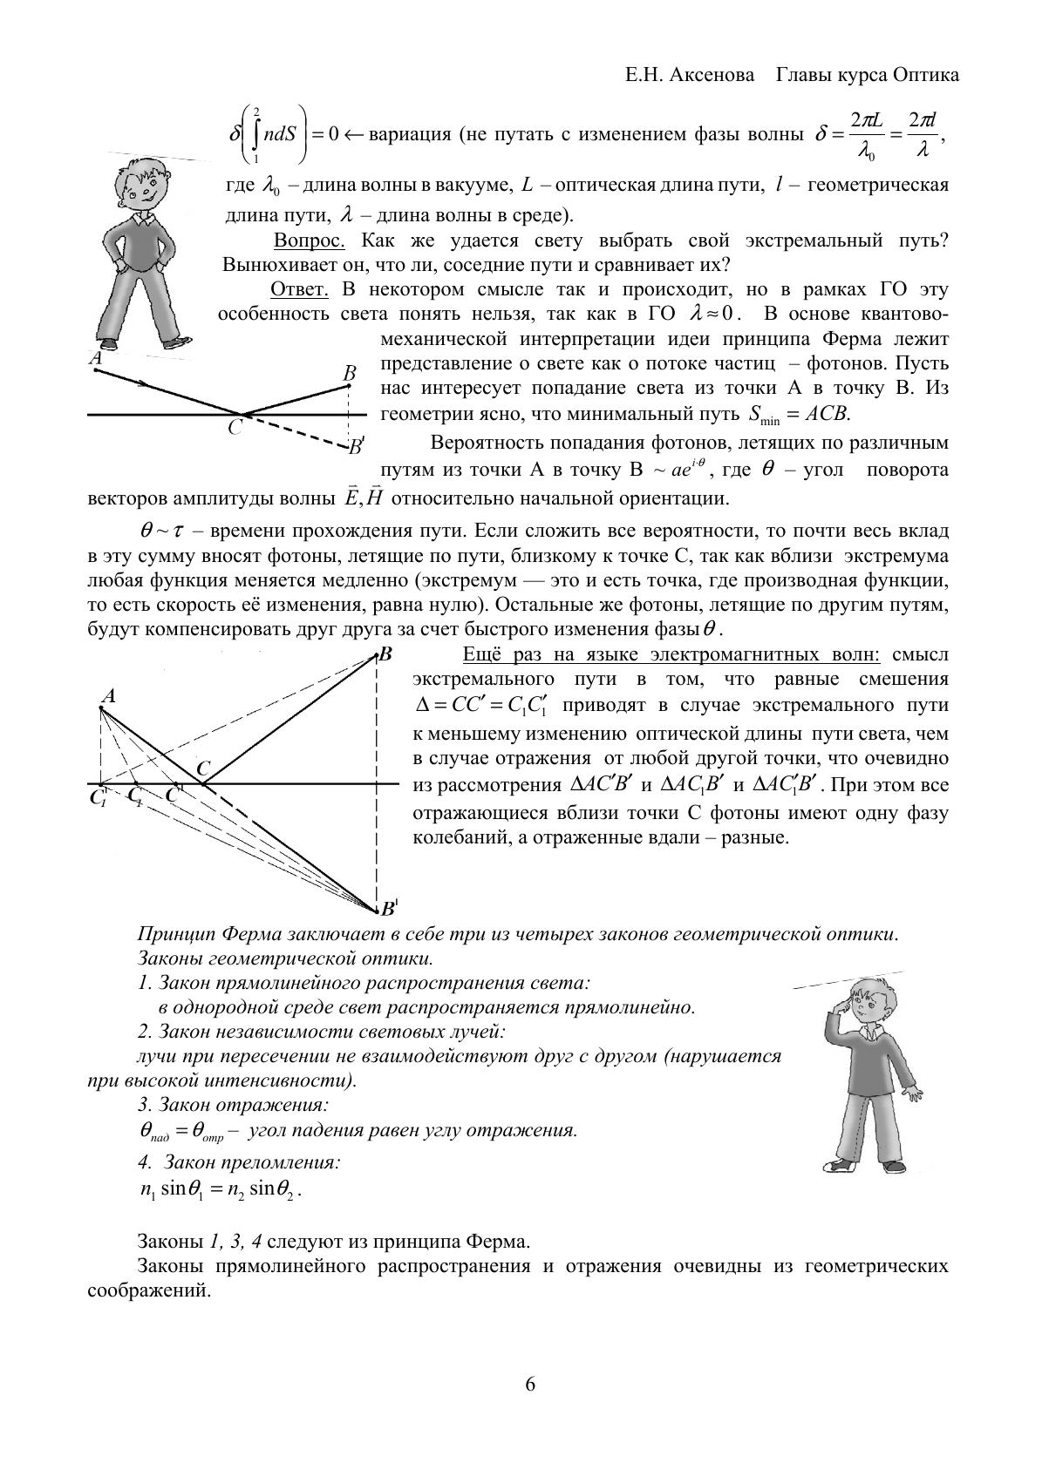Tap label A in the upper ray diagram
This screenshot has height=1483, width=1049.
pyautogui.click(x=95, y=358)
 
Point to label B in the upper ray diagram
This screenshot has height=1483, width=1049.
pyautogui.click(x=349, y=374)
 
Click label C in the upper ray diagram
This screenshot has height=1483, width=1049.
pyautogui.click(x=235, y=429)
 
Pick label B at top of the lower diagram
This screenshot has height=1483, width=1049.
pyautogui.click(x=385, y=653)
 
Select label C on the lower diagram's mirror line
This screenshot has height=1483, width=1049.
pyautogui.click(x=203, y=769)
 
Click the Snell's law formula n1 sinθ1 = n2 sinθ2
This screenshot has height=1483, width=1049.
pyautogui.click(x=221, y=1189)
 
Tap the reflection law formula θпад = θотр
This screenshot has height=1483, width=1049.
pyautogui.click(x=182, y=1132)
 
